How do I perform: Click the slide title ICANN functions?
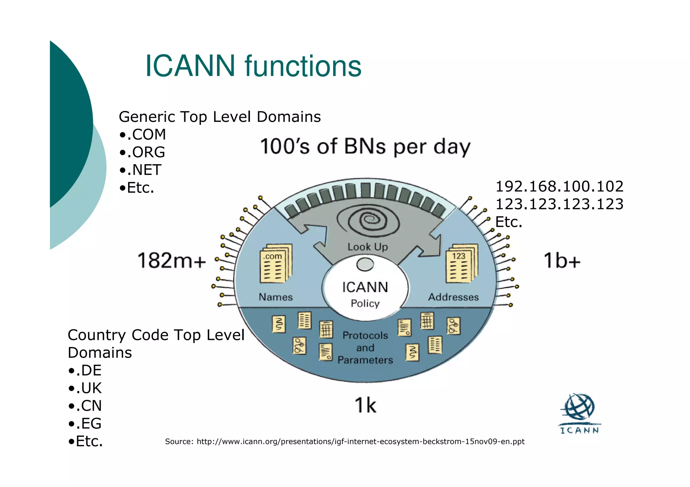point(253,66)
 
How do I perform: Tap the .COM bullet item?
point(143,135)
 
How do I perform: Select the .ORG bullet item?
point(142,152)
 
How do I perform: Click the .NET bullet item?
point(140,170)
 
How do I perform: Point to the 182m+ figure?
point(171,261)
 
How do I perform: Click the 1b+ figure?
point(562,261)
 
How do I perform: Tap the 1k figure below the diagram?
point(365,405)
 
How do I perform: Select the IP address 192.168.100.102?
point(559,186)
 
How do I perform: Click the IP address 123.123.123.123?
point(559,204)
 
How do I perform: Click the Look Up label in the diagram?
point(368,247)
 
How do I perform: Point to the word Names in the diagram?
point(276,297)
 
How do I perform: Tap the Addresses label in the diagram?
point(453,297)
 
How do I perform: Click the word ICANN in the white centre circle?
point(365,287)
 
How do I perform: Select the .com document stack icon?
point(276,264)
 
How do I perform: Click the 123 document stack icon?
point(462,264)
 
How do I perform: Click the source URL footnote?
point(344,442)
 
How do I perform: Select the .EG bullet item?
point(85,423)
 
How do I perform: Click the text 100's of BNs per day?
point(365,147)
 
